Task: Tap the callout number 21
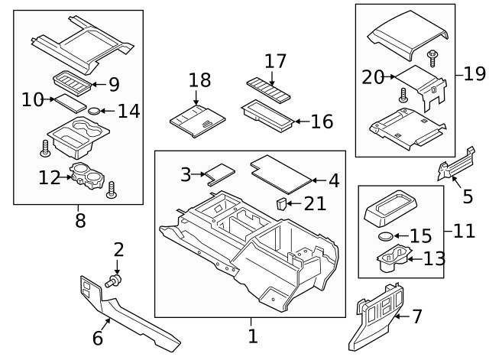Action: (314, 203)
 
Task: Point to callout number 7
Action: (417, 316)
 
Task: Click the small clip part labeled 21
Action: (282, 203)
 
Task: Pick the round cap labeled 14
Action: (95, 112)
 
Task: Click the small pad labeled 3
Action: (220, 174)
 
